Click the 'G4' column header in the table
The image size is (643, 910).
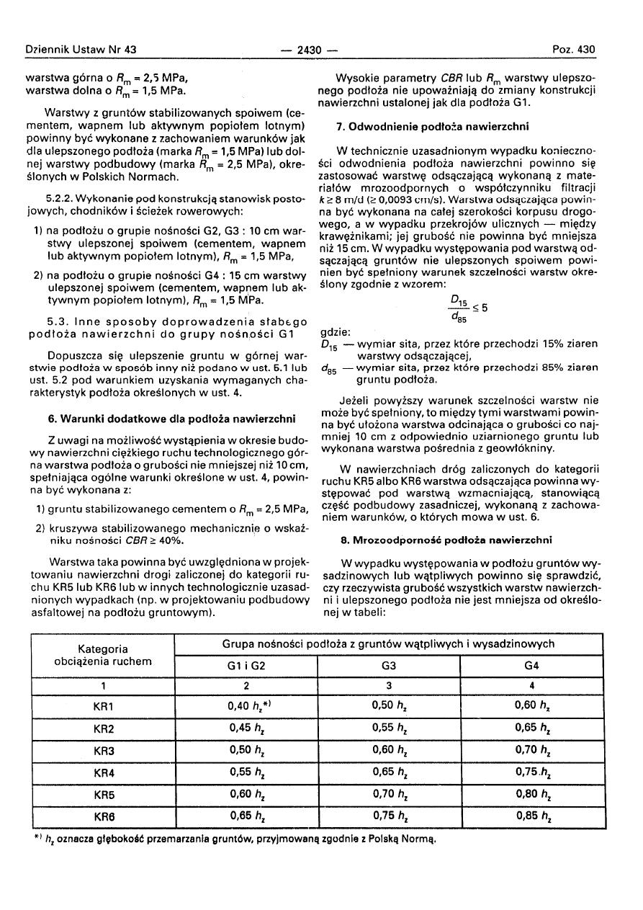[532, 666]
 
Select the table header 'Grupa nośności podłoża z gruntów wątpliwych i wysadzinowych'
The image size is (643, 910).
[389, 644]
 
